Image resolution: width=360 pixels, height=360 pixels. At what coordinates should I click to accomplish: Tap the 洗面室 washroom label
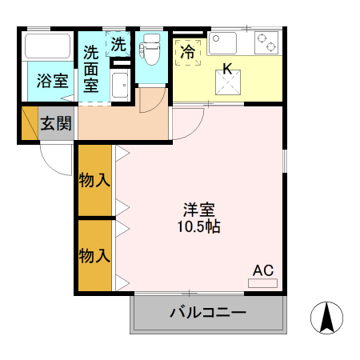[92, 67]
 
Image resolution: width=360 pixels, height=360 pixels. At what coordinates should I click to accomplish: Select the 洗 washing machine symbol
[118, 45]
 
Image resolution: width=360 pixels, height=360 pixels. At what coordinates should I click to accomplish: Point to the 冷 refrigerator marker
[188, 53]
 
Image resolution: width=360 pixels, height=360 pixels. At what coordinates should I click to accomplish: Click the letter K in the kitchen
[227, 70]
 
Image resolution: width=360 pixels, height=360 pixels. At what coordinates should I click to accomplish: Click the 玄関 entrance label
[56, 124]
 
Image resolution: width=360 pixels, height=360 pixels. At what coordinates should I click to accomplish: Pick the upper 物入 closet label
[94, 181]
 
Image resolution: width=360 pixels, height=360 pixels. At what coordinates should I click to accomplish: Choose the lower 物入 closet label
[94, 256]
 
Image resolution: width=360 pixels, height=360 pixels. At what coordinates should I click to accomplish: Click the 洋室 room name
[198, 210]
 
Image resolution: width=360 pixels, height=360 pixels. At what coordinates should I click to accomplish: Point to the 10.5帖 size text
[198, 227]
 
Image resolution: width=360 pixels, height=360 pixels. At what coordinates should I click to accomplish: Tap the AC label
[264, 270]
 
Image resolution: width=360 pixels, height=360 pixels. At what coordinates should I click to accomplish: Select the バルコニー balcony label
[207, 313]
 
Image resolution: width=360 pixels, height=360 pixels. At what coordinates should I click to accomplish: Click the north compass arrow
[326, 318]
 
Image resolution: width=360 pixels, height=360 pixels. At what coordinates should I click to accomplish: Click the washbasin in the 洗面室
[120, 84]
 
